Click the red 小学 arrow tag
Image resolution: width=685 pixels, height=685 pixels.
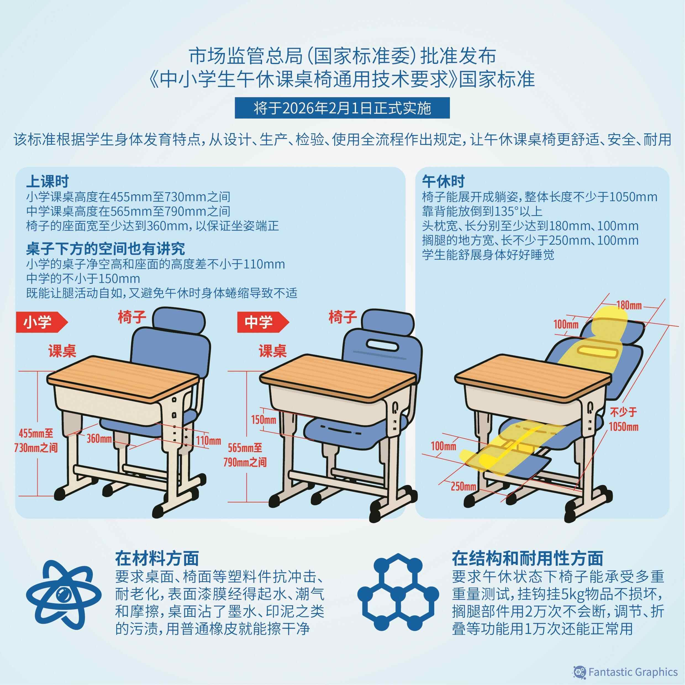click(x=42, y=322)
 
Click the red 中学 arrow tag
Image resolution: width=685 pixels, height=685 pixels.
click(x=263, y=322)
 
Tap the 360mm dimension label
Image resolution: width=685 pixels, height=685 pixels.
click(x=99, y=439)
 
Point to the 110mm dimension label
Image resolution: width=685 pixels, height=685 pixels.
click(x=209, y=441)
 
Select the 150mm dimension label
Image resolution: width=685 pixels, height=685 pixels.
click(x=264, y=420)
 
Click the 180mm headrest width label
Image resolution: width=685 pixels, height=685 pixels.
click(x=629, y=305)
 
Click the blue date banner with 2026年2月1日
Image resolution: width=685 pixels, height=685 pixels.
click(x=342, y=108)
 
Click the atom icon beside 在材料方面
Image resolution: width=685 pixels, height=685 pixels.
click(x=64, y=595)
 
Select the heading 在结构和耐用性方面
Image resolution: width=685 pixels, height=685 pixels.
click(x=527, y=558)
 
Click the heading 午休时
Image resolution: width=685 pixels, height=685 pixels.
click(x=443, y=181)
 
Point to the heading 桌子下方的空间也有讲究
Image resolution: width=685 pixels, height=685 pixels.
click(x=105, y=249)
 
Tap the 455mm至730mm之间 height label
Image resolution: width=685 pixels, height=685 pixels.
click(x=36, y=440)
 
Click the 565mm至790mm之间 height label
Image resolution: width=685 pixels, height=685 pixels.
click(x=245, y=455)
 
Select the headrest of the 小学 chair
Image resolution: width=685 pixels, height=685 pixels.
click(x=179, y=320)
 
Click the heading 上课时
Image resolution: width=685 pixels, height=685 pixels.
click(x=47, y=181)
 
